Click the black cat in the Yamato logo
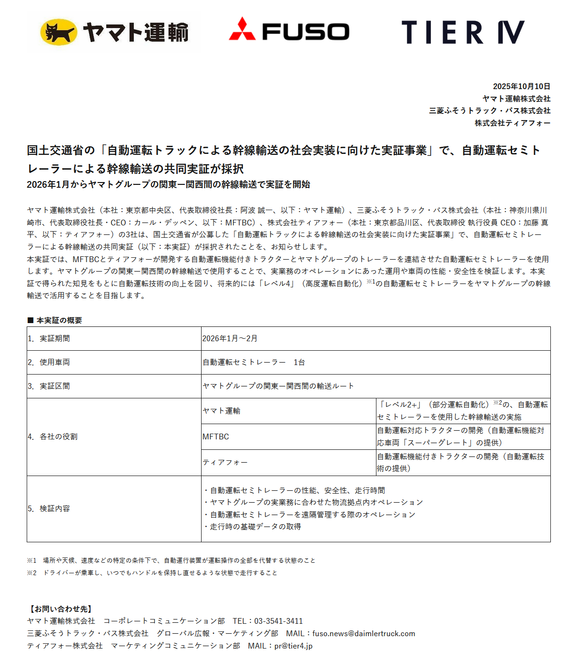59,32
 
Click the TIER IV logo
463,32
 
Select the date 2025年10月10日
521,86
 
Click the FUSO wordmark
305,32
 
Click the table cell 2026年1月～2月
230,338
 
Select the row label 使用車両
54,362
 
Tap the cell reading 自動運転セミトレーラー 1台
254,362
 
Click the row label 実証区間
54,386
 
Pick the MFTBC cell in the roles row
216,437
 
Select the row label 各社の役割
58,437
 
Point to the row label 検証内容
54,508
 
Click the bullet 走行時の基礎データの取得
255,527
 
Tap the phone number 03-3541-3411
278,621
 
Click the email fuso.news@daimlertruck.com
364,633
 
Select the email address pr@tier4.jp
293,646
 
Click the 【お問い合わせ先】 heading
61,609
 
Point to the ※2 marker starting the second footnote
31,573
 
